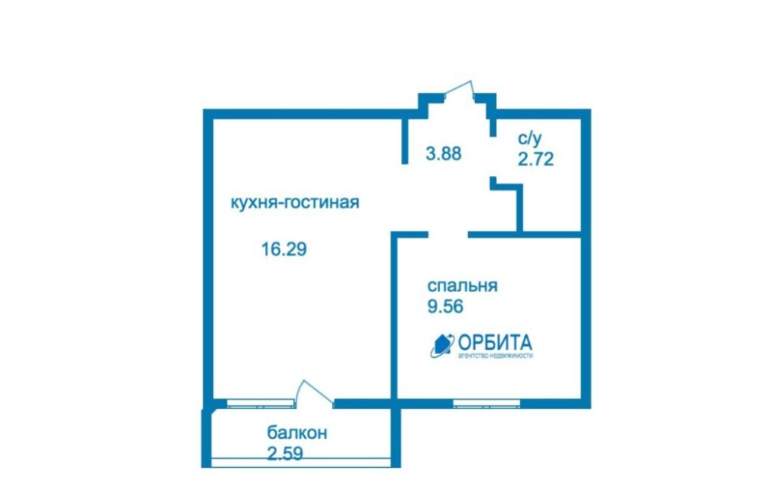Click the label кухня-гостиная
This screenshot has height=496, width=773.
coord(295,202)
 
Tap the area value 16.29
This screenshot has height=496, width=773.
coord(284,249)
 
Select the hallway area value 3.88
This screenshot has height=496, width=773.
coord(444,153)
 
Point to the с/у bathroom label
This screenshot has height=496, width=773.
coord(529,138)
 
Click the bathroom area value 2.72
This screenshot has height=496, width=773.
coord(535,159)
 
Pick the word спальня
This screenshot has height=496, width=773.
coord(463,286)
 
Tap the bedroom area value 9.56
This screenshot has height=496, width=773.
coord(445,307)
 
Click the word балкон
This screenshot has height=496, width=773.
coord(297,433)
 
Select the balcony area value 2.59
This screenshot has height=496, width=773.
coord(285,453)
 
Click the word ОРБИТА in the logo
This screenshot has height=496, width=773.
coord(495,342)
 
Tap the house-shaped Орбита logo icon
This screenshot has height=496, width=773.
coord(442,345)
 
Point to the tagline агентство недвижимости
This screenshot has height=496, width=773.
coord(495,356)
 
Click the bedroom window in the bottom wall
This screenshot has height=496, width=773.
coord(487,404)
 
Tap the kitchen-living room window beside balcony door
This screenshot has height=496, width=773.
coord(260,404)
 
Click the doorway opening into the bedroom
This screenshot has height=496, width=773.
coord(448,234)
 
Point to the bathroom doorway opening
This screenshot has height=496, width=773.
coord(492,156)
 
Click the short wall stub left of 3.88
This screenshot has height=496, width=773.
coord(405,140)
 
